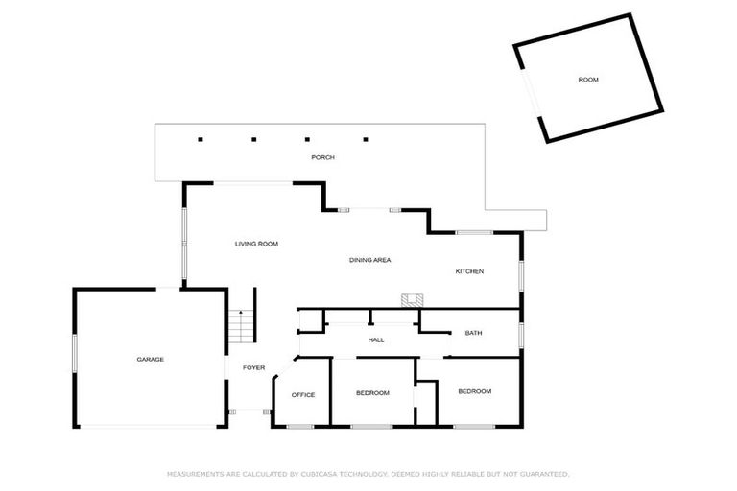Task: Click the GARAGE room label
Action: [150, 360]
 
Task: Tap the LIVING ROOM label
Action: [256, 245]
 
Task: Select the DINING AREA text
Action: [369, 260]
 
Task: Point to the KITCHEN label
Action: [469, 271]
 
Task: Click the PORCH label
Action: [322, 157]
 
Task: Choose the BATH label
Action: [473, 333]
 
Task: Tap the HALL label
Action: [376, 340]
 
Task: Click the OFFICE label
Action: [303, 395]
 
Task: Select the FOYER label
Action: [253, 368]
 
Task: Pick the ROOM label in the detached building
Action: [588, 80]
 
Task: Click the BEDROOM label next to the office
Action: [372, 393]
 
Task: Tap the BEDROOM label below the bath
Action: [474, 391]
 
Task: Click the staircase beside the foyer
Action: [243, 327]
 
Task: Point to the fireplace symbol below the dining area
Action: [413, 299]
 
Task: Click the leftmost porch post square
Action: [201, 140]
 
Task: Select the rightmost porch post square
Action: [365, 140]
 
